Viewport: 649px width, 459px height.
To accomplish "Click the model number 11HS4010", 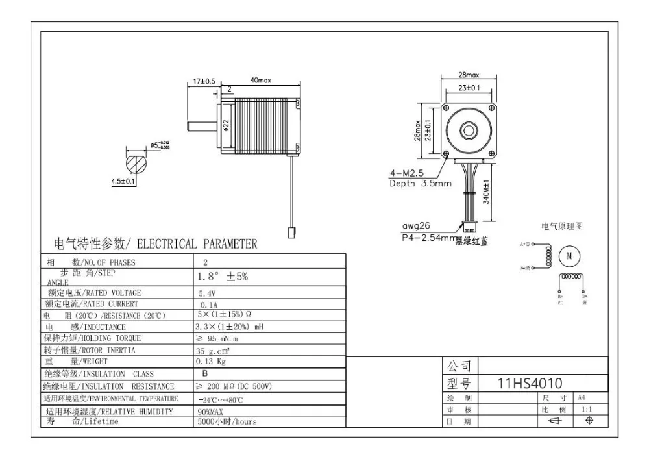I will pos(530,382).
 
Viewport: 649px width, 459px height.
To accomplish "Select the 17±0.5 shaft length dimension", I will pos(204,81).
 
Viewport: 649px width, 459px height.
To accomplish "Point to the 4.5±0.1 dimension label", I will pos(123,182).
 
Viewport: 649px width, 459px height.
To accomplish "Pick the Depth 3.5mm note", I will pos(420,184).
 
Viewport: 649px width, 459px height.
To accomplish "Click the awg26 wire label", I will pos(415,227).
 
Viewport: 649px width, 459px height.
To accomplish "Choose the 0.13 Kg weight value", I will pos(211,362).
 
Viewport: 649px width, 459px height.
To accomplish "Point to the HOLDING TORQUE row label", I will pos(93,338).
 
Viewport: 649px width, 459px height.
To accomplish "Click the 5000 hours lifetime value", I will pos(227,421).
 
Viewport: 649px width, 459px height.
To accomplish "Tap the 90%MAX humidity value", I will pos(210,412).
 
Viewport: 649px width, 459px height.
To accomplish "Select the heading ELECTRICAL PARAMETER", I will pos(155,244).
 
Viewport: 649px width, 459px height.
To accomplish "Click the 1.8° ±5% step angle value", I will pos(222,276).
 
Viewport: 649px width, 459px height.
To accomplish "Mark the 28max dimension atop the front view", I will pos(469,75).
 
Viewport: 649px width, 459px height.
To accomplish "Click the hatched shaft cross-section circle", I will pos(137,162).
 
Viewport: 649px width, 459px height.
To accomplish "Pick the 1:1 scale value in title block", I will pos(587,410).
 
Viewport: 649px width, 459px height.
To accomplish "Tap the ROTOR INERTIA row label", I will pos(90,350).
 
